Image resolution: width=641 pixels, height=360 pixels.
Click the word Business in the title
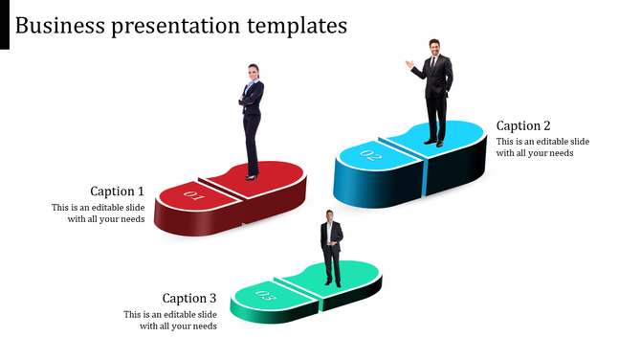coord(61,25)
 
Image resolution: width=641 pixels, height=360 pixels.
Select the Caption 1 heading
coord(118,191)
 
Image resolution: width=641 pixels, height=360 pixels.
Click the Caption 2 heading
coord(523,126)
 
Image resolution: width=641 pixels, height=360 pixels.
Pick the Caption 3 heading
coord(189,299)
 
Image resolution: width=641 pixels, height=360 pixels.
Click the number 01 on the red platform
coord(195,196)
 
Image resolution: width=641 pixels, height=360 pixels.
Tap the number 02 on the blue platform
coord(371,153)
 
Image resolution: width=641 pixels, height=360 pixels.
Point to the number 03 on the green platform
coord(267,296)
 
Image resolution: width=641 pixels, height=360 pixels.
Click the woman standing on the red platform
coord(252,121)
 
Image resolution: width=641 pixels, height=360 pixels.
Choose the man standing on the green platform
coord(331,247)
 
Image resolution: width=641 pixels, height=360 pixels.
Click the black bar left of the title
coord(5,25)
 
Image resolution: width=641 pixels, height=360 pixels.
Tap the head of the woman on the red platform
coord(254,71)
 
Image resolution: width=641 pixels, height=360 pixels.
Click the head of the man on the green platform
coord(329,214)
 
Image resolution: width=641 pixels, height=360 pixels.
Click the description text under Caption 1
coord(99,214)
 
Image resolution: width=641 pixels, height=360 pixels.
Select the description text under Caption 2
coord(542,147)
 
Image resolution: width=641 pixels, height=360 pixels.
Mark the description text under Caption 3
coord(170,321)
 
